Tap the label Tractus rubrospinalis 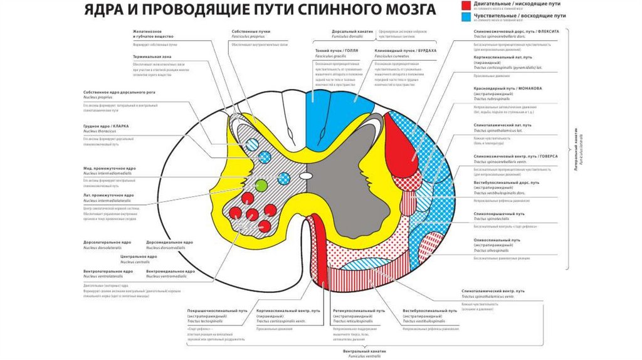click(x=492, y=98)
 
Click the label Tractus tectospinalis click(x=205, y=320)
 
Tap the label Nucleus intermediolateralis click(x=108, y=200)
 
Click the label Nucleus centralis click(x=134, y=262)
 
